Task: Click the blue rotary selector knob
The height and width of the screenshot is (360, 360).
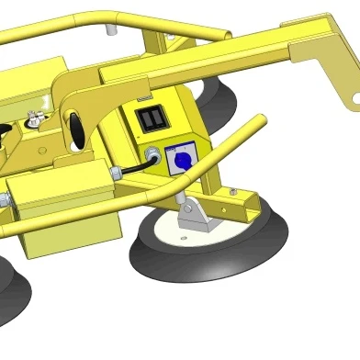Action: tap(180, 161)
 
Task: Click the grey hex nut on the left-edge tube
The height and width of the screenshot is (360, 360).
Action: tap(5, 198)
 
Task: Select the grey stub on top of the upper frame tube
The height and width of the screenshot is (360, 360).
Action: tap(113, 31)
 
